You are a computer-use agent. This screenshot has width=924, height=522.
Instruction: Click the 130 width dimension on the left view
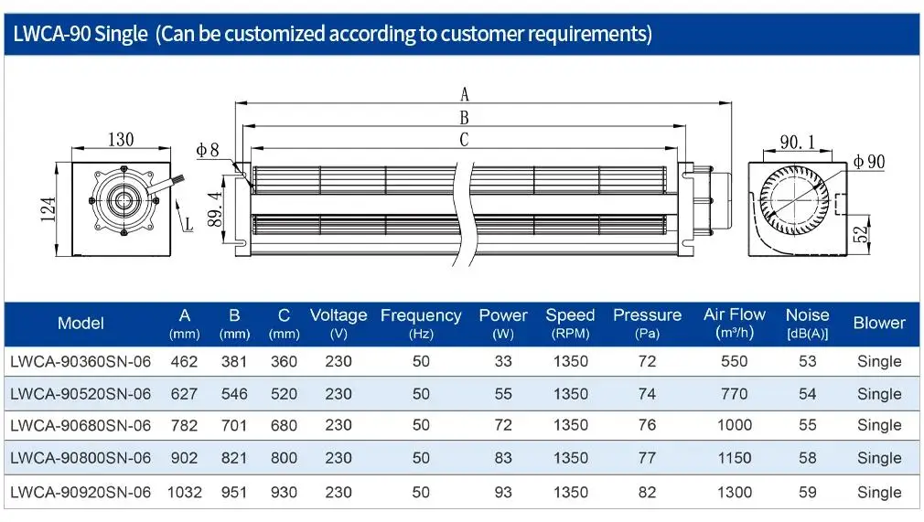[x=121, y=140]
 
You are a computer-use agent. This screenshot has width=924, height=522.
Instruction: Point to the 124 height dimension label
[x=48, y=209]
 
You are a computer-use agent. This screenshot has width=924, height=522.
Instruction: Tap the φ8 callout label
[x=208, y=150]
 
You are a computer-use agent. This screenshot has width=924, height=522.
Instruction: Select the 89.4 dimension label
[x=215, y=209]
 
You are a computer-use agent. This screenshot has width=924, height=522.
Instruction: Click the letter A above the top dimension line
[x=465, y=94]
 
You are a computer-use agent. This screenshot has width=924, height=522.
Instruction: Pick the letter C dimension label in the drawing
[x=465, y=140]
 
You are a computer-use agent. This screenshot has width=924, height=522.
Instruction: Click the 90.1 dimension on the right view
[x=798, y=142]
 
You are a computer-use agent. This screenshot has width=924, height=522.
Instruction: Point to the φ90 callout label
[x=869, y=162]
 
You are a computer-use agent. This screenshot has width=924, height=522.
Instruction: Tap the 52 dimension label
[x=861, y=233]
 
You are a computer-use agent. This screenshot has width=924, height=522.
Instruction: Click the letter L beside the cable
[x=188, y=224]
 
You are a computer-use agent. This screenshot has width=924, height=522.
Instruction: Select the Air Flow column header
[x=735, y=323]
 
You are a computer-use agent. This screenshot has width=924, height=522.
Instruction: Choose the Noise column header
[x=807, y=324]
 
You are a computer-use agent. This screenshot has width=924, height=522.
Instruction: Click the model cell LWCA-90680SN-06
[x=81, y=425]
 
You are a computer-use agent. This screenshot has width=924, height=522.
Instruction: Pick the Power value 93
[x=503, y=492]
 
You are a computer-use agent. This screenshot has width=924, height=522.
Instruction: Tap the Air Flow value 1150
[x=735, y=458]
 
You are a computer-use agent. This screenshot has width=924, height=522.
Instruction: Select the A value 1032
[x=185, y=492]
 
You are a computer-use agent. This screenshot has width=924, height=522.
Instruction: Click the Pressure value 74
[x=647, y=394]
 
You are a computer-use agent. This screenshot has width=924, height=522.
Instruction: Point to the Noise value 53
[x=807, y=361]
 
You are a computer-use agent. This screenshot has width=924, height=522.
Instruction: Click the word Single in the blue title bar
[x=121, y=34]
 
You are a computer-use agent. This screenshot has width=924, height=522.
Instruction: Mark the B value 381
[x=234, y=361]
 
